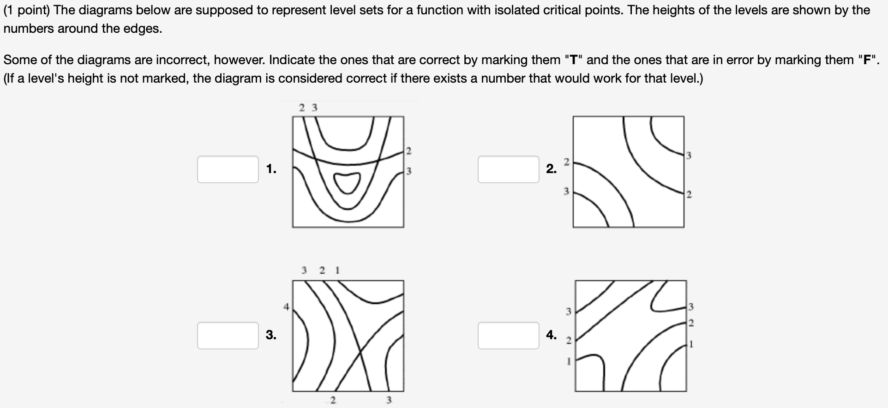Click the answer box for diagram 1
point(228,169)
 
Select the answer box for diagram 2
point(508,169)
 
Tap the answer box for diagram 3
point(228,336)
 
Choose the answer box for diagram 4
point(508,336)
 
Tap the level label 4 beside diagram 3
point(286,306)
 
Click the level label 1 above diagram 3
point(337,270)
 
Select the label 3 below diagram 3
point(389,400)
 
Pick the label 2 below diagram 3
point(332,400)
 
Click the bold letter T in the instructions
point(574,60)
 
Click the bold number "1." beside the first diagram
point(271,169)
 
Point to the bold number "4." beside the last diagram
point(552,335)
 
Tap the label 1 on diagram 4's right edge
point(690,344)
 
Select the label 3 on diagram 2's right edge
point(689,156)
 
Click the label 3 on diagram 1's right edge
point(408,171)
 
